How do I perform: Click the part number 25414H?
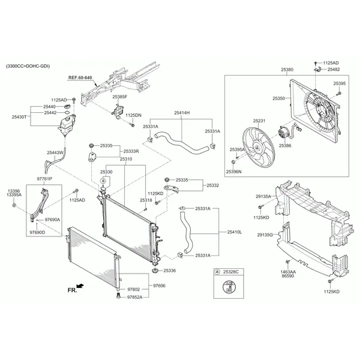point(182,113)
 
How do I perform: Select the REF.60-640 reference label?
point(80,77)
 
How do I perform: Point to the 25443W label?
point(55,152)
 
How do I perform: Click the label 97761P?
point(44,179)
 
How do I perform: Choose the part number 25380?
point(287,70)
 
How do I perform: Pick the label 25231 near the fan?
point(259,121)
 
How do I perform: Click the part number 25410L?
point(235,232)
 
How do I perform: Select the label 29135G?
point(264,235)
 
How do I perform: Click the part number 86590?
point(287,277)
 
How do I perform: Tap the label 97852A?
point(135,297)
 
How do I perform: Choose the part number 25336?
point(170,271)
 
